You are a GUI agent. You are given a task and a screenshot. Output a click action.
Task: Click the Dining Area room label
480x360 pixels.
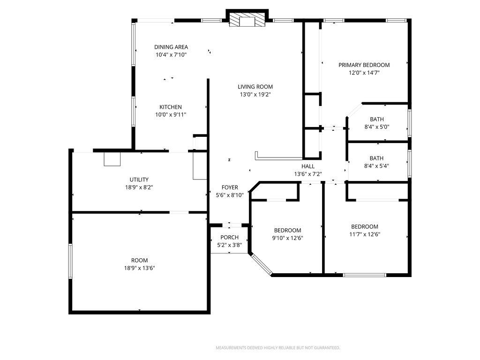coord(171,47)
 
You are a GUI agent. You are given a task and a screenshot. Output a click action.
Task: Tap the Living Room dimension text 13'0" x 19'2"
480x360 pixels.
coord(255,94)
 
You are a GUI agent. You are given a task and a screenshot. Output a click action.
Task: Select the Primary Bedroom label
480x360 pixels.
coord(364,65)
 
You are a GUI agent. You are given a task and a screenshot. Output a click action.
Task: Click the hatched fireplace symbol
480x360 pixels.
coord(247,20)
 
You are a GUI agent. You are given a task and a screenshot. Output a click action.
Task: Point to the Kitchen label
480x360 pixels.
coord(170,107)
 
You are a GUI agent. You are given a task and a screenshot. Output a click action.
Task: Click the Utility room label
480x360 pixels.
coord(139,180)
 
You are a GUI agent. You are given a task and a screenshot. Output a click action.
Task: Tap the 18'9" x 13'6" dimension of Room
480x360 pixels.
coord(139,268)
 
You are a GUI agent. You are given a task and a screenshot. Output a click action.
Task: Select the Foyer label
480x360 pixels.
coord(230,187)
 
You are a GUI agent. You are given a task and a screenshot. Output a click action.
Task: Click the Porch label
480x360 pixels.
coord(229,237)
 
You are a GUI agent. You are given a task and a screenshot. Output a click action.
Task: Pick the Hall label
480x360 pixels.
coord(307,166)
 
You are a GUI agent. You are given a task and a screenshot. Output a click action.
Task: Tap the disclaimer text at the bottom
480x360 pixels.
coord(277,348)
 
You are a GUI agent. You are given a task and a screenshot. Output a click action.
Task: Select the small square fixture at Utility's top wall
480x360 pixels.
coord(112,159)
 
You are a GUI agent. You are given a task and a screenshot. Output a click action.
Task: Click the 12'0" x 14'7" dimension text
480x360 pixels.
coord(364,73)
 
